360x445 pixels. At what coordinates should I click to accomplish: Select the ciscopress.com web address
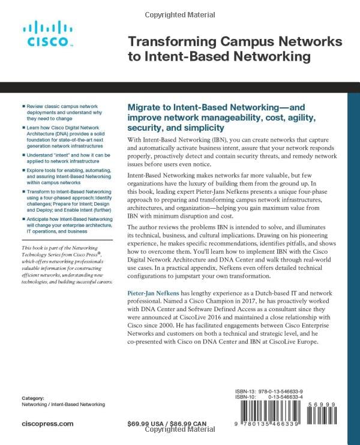[x=47, y=423]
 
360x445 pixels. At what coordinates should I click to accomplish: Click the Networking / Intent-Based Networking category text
[x=63, y=405]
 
